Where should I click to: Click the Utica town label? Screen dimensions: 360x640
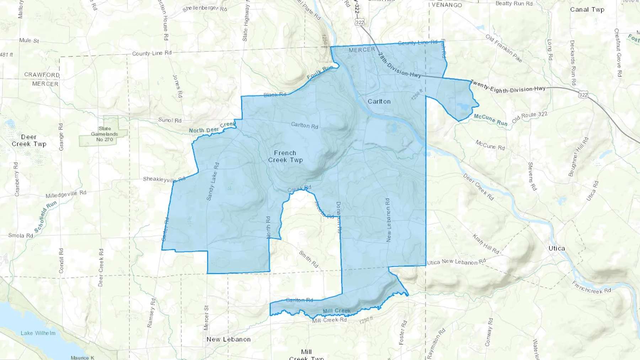coord(556,248)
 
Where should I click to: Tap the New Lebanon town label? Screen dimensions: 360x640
coord(229,339)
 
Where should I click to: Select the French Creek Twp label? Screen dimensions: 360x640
coord(285,156)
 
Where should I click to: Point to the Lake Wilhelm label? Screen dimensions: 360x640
coord(38,333)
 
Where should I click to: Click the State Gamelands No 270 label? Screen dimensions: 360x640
coord(104,134)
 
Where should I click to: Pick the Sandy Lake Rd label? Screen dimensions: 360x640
coord(213,182)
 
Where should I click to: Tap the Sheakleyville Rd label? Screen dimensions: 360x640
coord(164,179)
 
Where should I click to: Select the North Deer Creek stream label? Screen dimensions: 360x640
coord(212,128)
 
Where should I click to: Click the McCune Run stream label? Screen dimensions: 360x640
coord(490,120)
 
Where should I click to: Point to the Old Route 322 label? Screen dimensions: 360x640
coord(529,117)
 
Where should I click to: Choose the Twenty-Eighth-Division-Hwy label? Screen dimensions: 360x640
coord(508,87)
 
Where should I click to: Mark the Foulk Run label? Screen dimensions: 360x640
coord(320,72)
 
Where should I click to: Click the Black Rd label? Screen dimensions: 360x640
coord(275,95)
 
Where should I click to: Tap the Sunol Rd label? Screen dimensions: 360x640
coord(170,120)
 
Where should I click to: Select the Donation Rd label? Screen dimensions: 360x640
coord(339,217)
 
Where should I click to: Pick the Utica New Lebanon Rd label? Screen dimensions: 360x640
coord(456,262)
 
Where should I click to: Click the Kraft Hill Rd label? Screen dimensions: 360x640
coord(486,244)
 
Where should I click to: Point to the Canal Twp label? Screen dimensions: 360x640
coord(587,10)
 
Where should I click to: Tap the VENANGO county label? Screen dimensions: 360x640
coord(447,5)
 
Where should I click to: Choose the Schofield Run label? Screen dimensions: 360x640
coord(46,217)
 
